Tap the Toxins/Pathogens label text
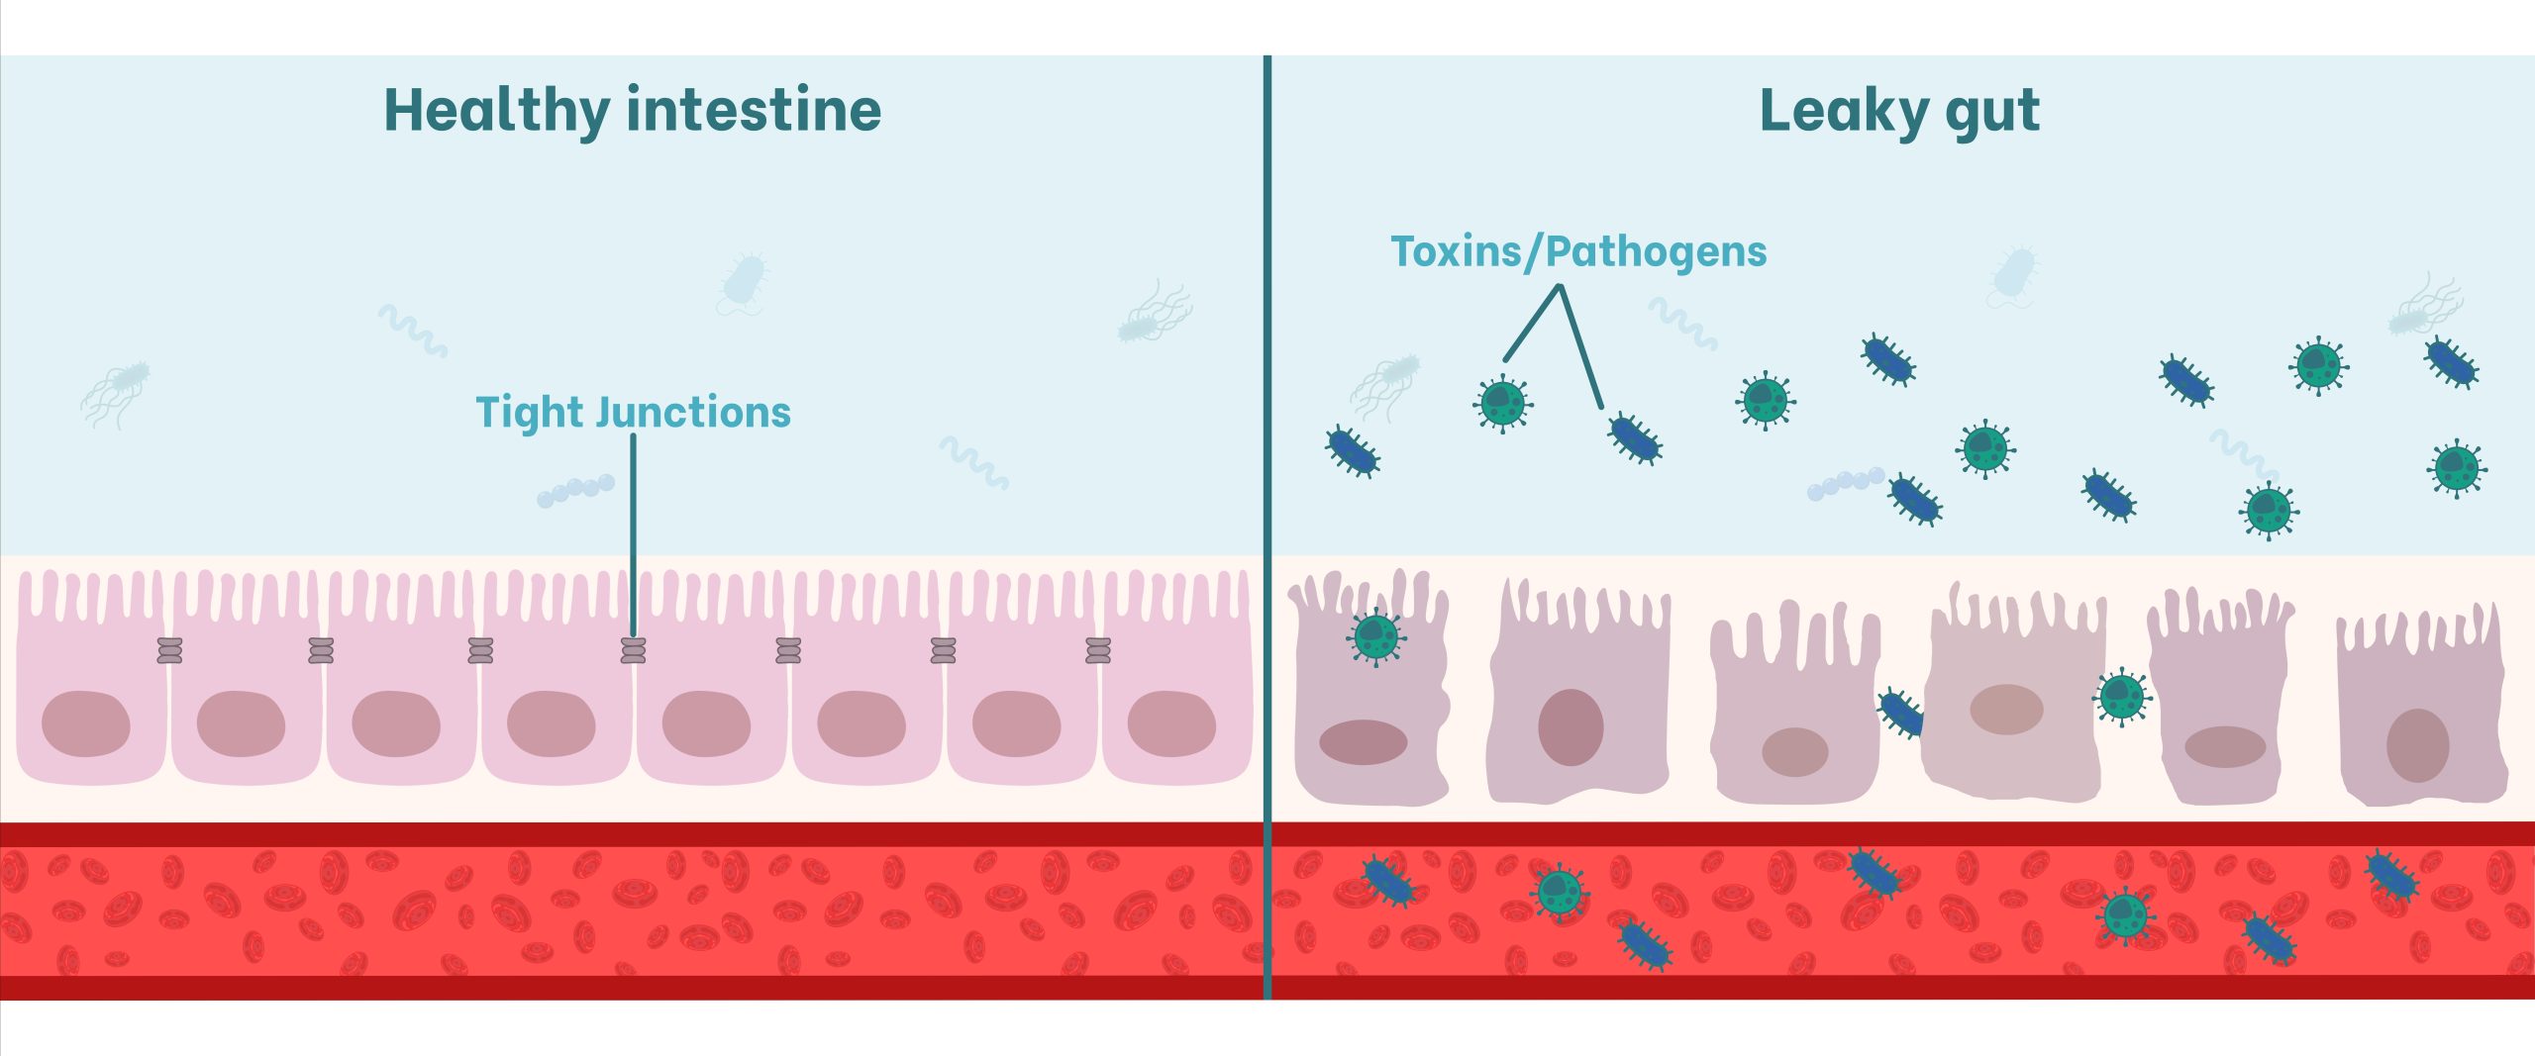point(1578,251)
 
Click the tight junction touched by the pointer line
point(634,650)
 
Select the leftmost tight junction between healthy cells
point(170,650)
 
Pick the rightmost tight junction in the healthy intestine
point(1098,650)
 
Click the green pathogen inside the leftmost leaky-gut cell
point(1375,636)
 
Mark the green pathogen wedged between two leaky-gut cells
point(2121,697)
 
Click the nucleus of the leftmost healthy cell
point(86,723)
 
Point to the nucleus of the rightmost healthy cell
point(1171,723)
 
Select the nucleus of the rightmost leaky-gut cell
point(2417,745)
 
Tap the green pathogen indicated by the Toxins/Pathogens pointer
point(1503,402)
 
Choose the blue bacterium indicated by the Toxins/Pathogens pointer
point(1635,438)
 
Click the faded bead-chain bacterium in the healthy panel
point(575,490)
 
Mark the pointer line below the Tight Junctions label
point(634,534)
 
